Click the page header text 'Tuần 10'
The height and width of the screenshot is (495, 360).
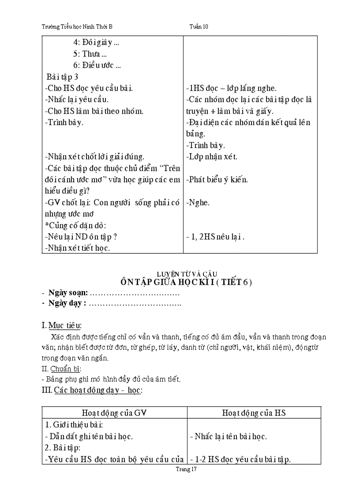[x=199, y=26]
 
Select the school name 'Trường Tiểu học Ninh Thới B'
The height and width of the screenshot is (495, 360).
[x=77, y=26]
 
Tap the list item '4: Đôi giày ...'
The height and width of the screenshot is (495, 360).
[x=96, y=43]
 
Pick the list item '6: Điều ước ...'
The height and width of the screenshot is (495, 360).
[x=97, y=65]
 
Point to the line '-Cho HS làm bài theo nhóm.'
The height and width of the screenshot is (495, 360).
[x=94, y=111]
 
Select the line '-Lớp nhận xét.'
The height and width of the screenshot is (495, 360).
[x=212, y=156]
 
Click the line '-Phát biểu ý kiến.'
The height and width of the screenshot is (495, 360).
[x=217, y=179]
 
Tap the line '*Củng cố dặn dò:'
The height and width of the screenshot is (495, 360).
[x=73, y=225]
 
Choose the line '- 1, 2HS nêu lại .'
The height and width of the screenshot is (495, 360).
[x=215, y=237]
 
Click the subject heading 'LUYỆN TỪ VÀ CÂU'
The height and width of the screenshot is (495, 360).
[x=187, y=274]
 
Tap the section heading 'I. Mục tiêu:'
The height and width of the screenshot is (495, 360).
[x=62, y=326]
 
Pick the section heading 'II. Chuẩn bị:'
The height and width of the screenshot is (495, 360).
[x=61, y=369]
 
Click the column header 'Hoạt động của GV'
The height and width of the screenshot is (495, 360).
[x=114, y=413]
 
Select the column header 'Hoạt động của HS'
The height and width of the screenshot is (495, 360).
[x=254, y=413]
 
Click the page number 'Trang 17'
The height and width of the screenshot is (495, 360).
[x=186, y=469]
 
